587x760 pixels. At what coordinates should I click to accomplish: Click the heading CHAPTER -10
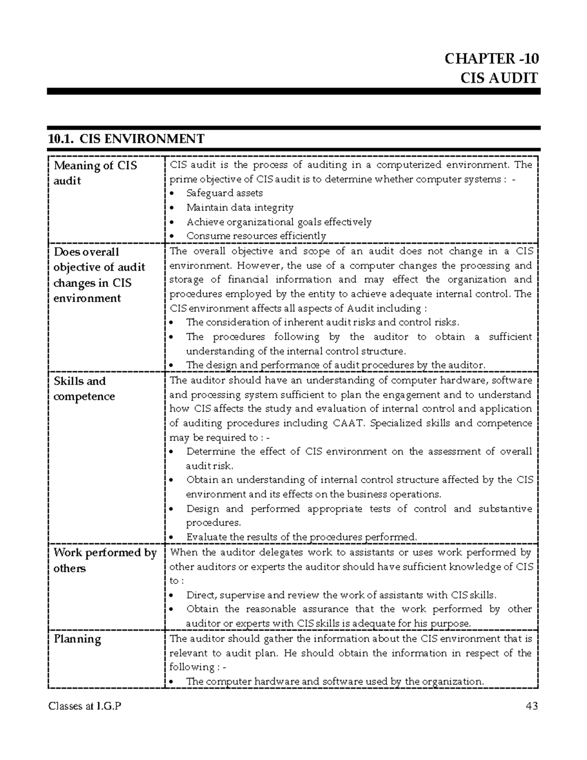(x=491, y=59)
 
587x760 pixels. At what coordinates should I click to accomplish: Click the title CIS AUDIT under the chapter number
(x=499, y=78)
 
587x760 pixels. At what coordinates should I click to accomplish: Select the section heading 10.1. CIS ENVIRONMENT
(x=126, y=139)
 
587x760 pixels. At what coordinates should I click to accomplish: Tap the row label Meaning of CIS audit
(x=95, y=173)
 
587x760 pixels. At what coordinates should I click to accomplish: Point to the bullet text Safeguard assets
(x=225, y=193)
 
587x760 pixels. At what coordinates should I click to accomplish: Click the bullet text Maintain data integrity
(x=240, y=207)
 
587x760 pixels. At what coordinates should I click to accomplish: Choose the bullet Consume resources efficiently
(x=256, y=236)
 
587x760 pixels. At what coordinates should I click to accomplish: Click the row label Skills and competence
(x=84, y=389)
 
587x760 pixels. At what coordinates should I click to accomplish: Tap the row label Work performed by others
(x=105, y=560)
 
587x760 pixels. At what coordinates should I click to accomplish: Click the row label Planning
(x=77, y=639)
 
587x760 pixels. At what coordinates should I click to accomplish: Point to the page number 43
(x=531, y=706)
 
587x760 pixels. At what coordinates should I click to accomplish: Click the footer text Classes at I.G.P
(x=84, y=706)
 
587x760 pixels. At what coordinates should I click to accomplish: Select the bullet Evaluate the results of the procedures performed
(x=301, y=537)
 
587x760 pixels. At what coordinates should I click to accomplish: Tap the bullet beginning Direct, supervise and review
(x=341, y=595)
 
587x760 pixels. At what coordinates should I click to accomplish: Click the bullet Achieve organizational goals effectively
(x=279, y=222)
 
